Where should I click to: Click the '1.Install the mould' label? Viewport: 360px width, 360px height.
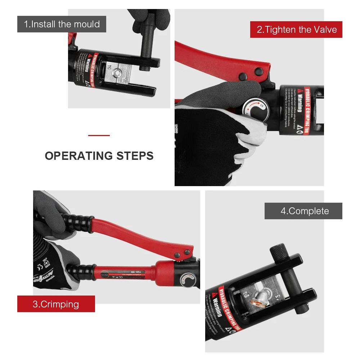coord(62,24)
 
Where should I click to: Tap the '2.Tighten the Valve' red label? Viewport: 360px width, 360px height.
coord(296,29)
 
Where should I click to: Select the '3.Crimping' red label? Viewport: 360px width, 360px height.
coord(56,304)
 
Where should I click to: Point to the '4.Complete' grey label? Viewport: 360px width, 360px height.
coord(303,211)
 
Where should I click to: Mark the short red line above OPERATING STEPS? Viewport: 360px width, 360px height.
coord(99,136)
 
